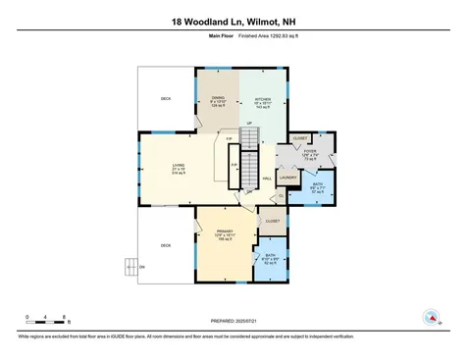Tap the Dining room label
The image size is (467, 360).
pyautogui.click(x=219, y=101)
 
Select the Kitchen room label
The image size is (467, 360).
pyautogui.click(x=262, y=101)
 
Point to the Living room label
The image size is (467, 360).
pyautogui.click(x=178, y=169)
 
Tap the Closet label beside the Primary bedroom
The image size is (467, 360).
pyautogui.click(x=272, y=222)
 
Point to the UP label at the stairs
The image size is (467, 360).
pyautogui.click(x=250, y=123)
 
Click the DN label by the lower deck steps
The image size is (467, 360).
pyautogui.click(x=141, y=267)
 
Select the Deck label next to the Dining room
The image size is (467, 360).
pyautogui.click(x=166, y=100)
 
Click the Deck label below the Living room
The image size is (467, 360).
pyautogui.click(x=166, y=245)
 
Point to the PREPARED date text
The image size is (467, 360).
pyautogui.click(x=233, y=320)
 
